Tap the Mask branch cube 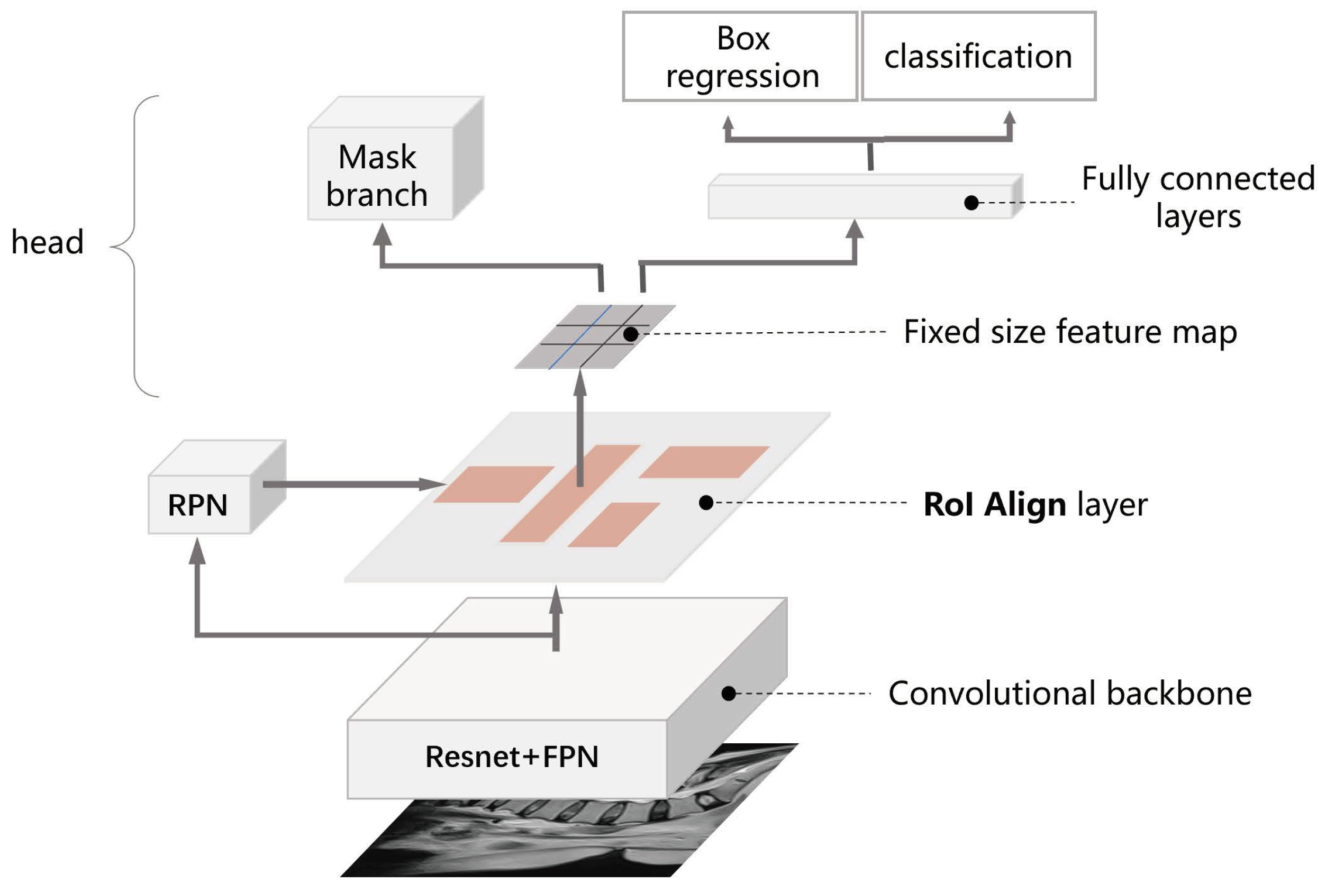point(380,174)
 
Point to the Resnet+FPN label point(511,757)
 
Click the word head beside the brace point(48,242)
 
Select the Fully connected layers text point(1197,196)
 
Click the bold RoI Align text point(994,505)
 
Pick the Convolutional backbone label point(1070,694)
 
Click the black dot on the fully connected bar point(971,202)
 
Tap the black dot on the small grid point(630,334)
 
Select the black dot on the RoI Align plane point(706,503)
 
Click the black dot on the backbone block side point(728,693)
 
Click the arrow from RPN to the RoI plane point(353,484)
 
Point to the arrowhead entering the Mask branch point(382,235)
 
